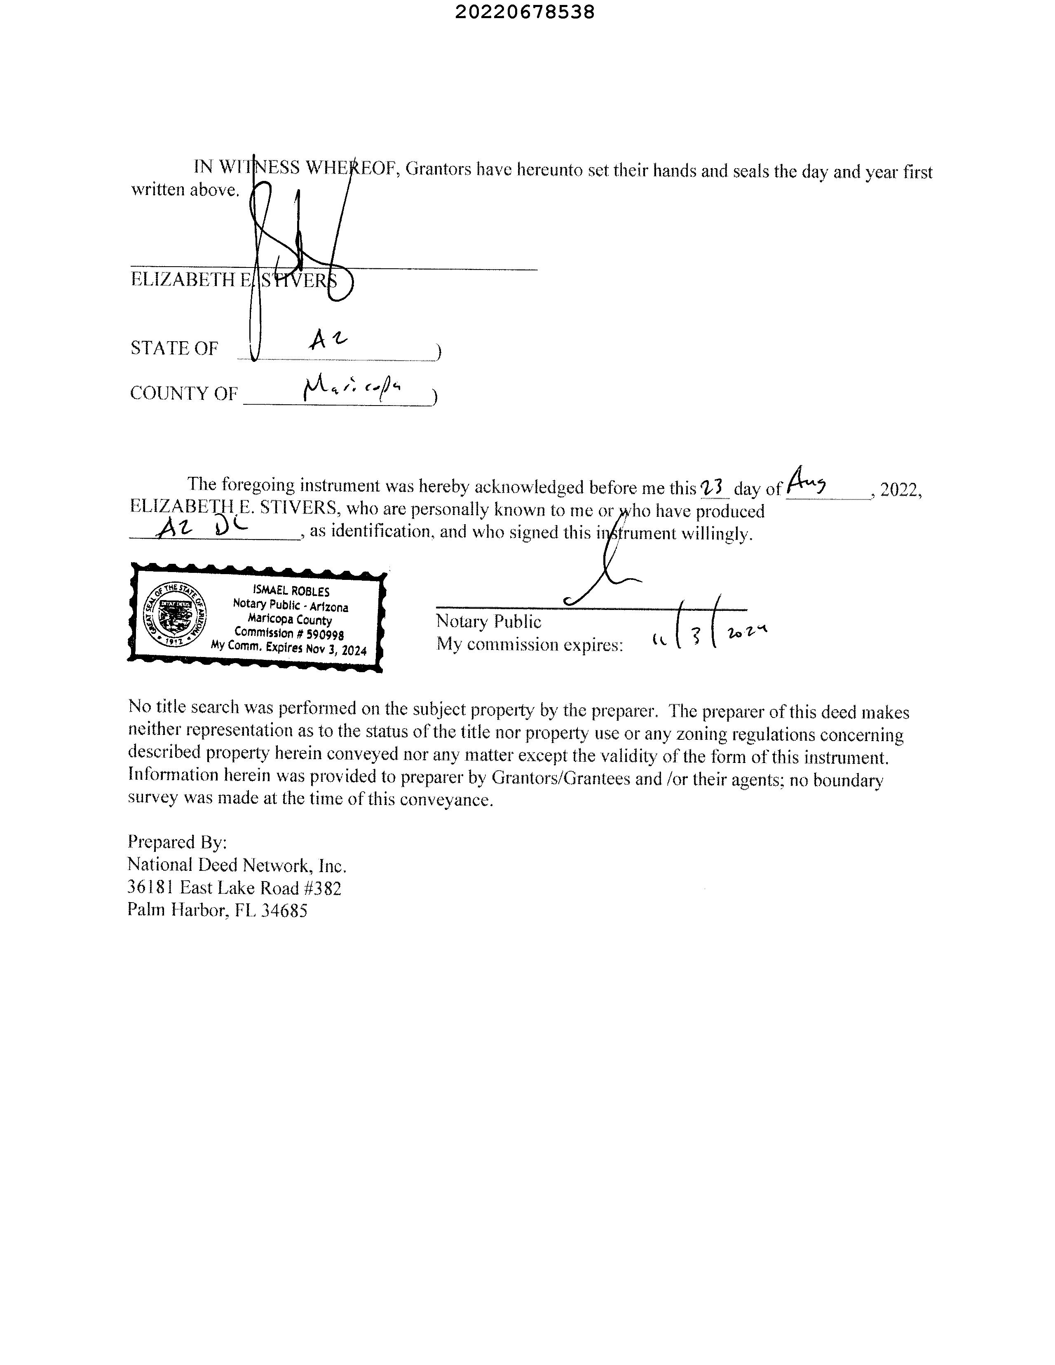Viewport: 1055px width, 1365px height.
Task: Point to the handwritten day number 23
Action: click(713, 487)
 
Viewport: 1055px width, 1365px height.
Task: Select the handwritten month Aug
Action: click(807, 481)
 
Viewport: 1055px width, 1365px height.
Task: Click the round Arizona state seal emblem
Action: click(174, 615)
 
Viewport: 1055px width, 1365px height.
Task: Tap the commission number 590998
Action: click(325, 634)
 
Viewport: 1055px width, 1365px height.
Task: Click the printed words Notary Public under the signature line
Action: click(488, 621)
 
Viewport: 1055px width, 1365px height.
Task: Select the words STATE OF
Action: click(174, 348)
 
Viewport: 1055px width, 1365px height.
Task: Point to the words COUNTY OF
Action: click(184, 393)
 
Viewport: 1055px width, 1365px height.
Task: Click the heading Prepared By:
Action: click(177, 842)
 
